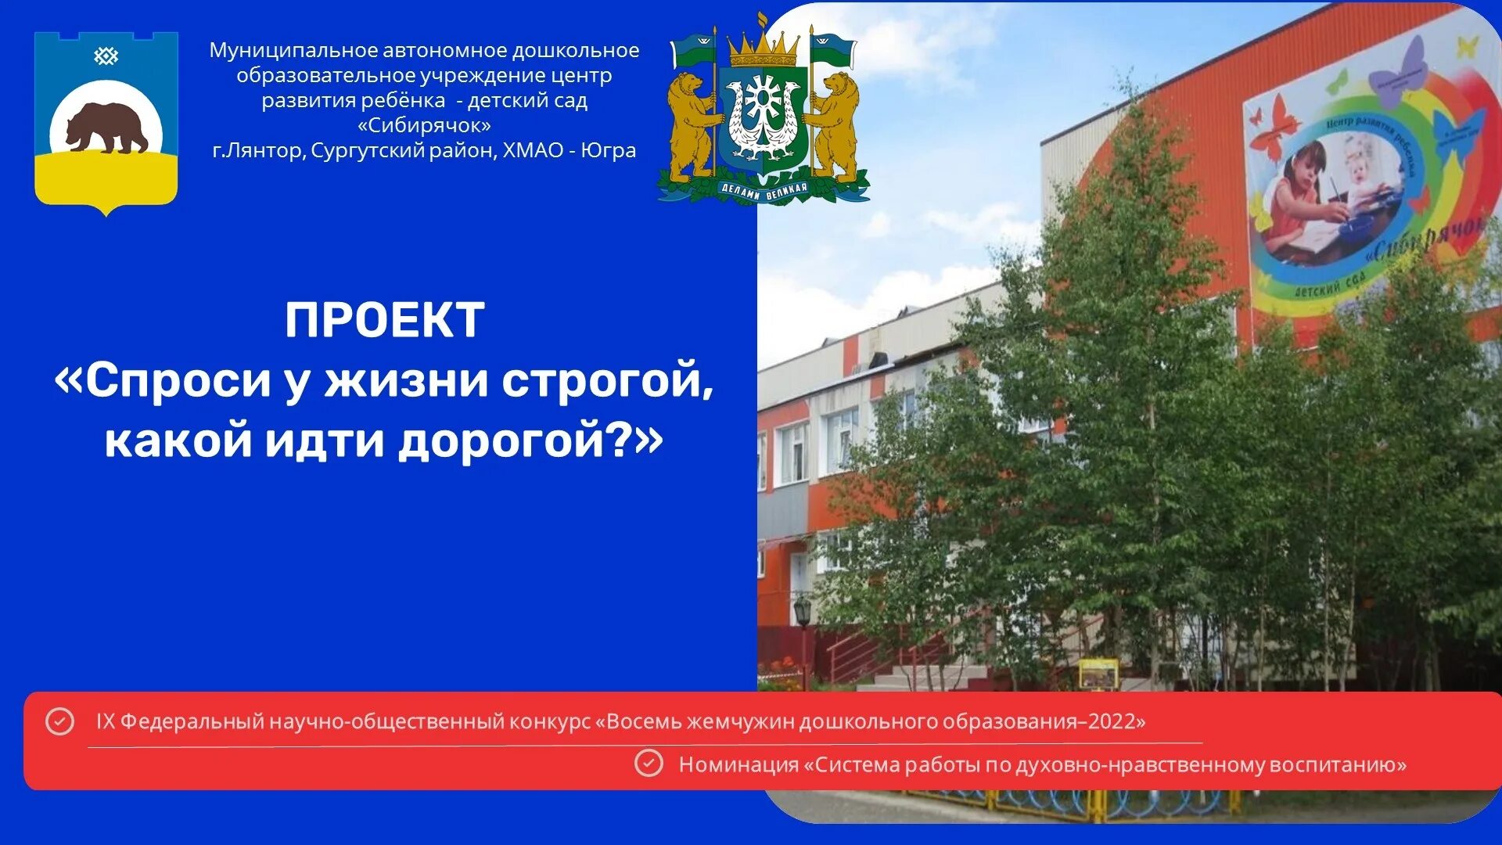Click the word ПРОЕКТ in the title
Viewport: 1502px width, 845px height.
click(384, 320)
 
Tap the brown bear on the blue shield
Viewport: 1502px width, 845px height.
click(106, 128)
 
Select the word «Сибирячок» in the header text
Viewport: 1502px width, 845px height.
click(424, 125)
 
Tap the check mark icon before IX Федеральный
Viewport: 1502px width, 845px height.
click(59, 721)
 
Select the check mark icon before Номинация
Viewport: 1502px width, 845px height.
click(648, 764)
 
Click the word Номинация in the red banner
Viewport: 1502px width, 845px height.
click(738, 764)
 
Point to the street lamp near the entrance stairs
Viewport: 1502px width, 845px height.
click(802, 611)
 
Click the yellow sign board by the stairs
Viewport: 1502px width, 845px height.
click(1098, 673)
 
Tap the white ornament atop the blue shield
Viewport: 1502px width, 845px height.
click(106, 56)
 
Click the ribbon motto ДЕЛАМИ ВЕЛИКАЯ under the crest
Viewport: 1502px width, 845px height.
click(763, 190)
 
